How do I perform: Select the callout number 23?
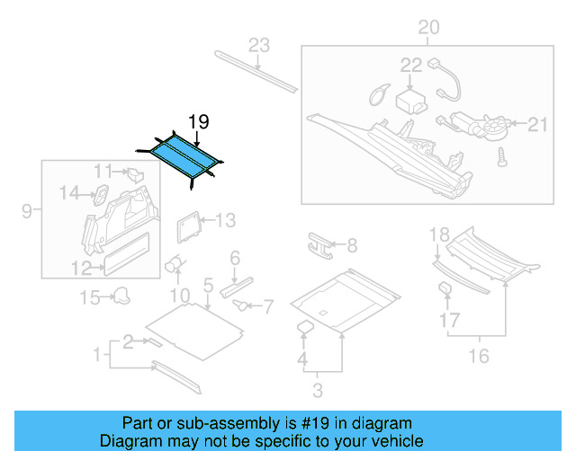(259, 45)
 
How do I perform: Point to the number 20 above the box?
(428, 28)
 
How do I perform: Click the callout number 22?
(410, 65)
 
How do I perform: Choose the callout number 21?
(537, 124)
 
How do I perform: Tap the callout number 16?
(479, 357)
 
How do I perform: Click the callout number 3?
(317, 390)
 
